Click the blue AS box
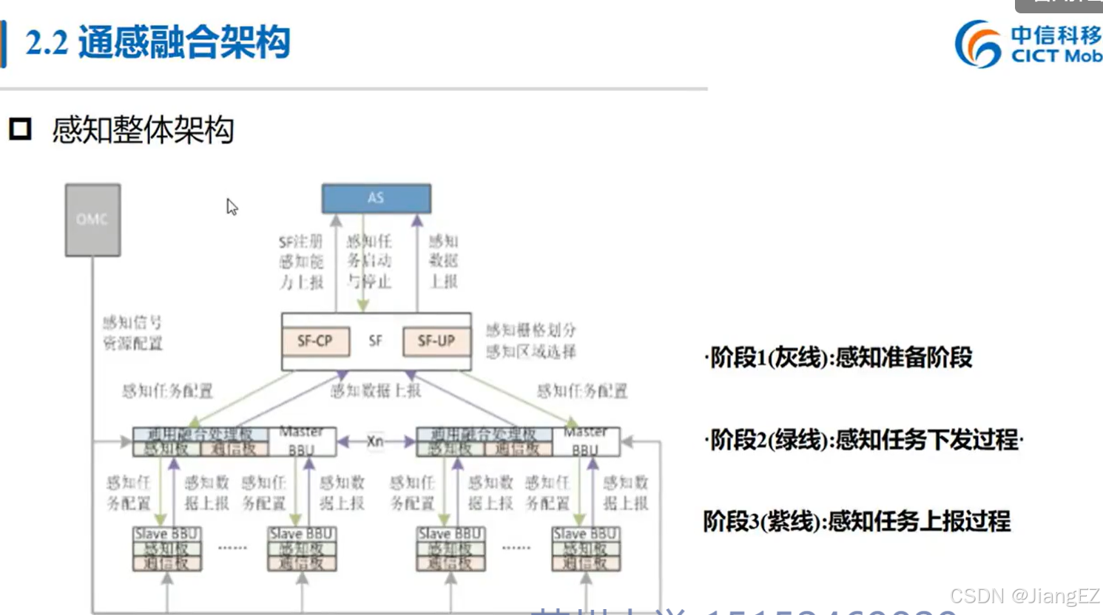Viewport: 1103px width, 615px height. click(376, 198)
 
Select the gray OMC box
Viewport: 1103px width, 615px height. click(92, 220)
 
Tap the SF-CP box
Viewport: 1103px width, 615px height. click(315, 341)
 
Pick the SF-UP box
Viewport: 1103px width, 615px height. click(436, 341)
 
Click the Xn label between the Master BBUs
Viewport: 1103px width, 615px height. click(376, 441)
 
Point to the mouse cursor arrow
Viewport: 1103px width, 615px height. click(232, 206)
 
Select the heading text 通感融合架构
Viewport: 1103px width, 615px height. click(184, 42)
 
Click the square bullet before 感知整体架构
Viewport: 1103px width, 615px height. click(20, 129)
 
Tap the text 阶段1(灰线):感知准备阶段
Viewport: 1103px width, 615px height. click(840, 358)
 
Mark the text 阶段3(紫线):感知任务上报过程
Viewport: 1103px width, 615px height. click(857, 522)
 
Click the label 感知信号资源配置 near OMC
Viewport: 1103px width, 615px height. click(132, 333)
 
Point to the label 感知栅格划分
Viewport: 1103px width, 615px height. click(530, 330)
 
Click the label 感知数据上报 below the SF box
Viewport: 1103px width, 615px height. click(375, 390)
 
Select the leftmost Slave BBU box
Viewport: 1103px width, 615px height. click(166, 548)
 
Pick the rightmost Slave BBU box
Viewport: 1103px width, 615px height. click(586, 548)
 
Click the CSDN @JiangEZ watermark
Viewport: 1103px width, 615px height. click(1025, 596)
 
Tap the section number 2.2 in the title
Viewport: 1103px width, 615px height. click(46, 42)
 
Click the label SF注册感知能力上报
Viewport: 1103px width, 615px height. click(301, 262)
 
